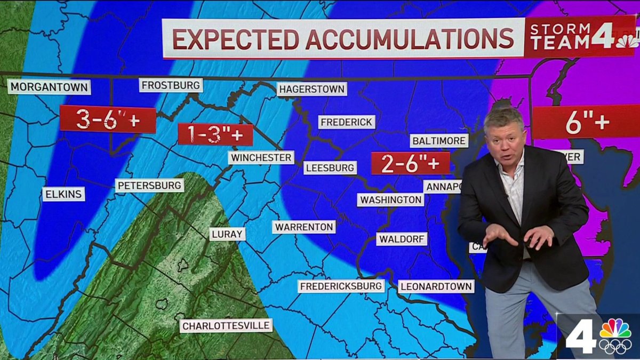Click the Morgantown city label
click(x=49, y=86)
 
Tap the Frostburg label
click(x=171, y=85)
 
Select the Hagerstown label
click(x=312, y=89)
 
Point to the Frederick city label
click(x=347, y=122)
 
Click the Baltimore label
click(x=439, y=141)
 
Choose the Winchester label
click(x=261, y=157)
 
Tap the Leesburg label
click(x=330, y=168)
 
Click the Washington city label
click(x=391, y=199)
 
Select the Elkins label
click(x=63, y=194)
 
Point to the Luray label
click(x=227, y=234)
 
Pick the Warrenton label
click(x=304, y=227)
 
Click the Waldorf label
click(x=402, y=239)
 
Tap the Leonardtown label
click(x=436, y=286)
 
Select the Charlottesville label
click(x=226, y=325)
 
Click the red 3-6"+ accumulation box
click(x=108, y=119)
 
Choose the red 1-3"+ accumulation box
click(x=215, y=134)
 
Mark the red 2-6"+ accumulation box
click(x=410, y=163)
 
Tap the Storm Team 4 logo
click(x=579, y=36)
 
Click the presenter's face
click(x=504, y=140)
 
